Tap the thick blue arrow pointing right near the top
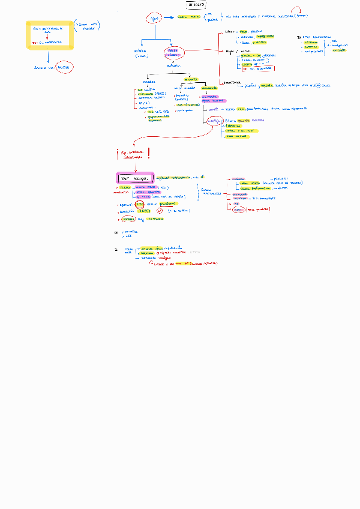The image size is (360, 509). (x=169, y=19)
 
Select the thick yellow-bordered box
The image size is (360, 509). (x=50, y=35)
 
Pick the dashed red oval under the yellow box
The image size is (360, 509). (x=62, y=68)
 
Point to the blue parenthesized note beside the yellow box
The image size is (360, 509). (x=88, y=26)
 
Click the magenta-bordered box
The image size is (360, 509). (x=134, y=178)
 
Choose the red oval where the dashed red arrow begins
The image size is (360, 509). (x=214, y=122)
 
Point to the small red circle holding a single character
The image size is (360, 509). (x=160, y=211)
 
